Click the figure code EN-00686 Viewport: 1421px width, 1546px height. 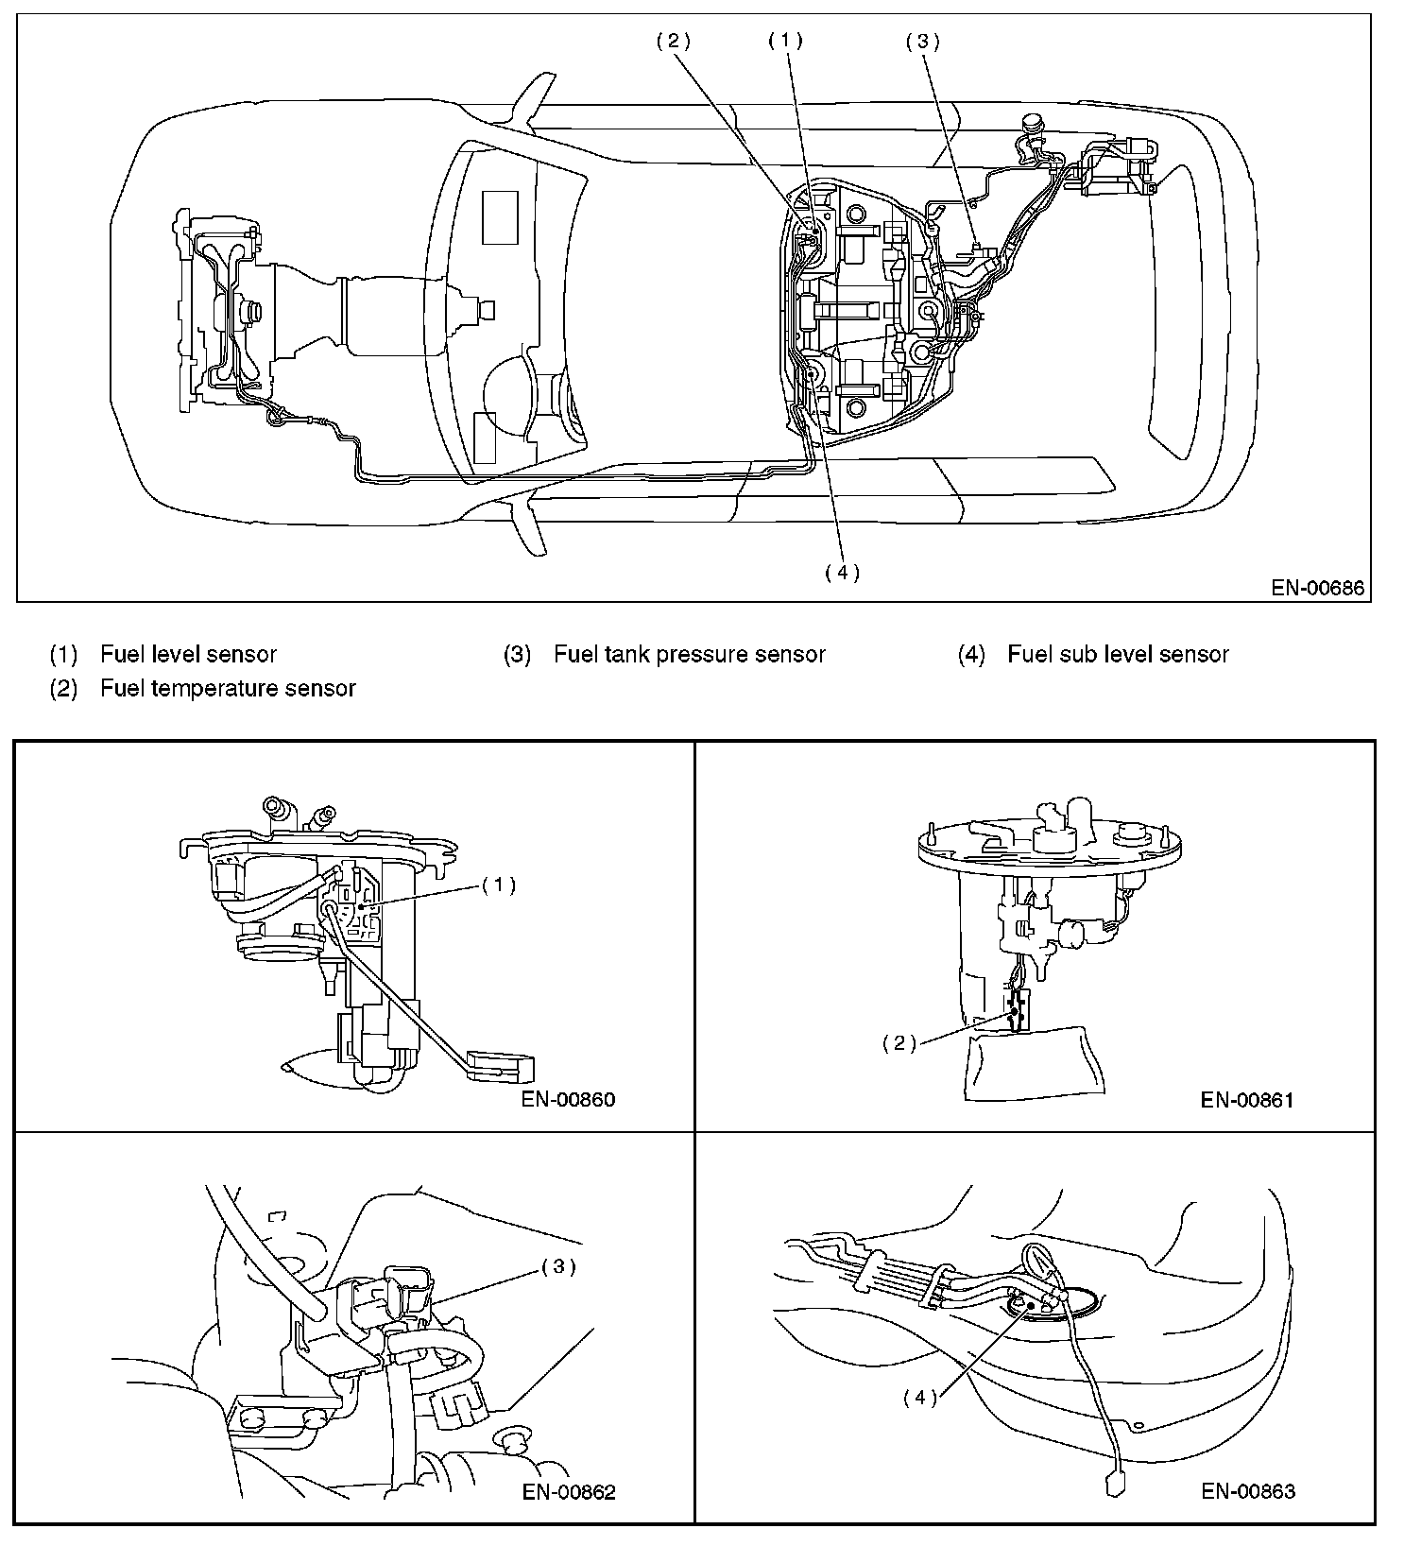1317,588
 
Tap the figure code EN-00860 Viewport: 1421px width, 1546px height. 568,1099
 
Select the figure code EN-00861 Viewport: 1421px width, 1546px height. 1247,1099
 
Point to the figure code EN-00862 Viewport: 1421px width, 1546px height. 568,1492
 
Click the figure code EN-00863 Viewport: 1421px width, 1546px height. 1248,1491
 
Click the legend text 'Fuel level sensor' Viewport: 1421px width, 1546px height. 188,654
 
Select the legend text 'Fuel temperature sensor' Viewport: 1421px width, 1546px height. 228,688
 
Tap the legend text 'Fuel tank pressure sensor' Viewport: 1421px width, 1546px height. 689,654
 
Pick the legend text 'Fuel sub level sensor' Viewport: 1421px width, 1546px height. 1118,654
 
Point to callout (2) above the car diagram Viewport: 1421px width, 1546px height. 674,41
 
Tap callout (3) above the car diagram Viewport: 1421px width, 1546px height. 922,41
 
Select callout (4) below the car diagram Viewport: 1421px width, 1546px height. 842,572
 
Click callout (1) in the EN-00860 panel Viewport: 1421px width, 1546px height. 499,885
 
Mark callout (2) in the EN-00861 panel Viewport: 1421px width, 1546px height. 899,1043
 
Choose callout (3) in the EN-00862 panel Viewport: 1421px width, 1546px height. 557,1266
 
